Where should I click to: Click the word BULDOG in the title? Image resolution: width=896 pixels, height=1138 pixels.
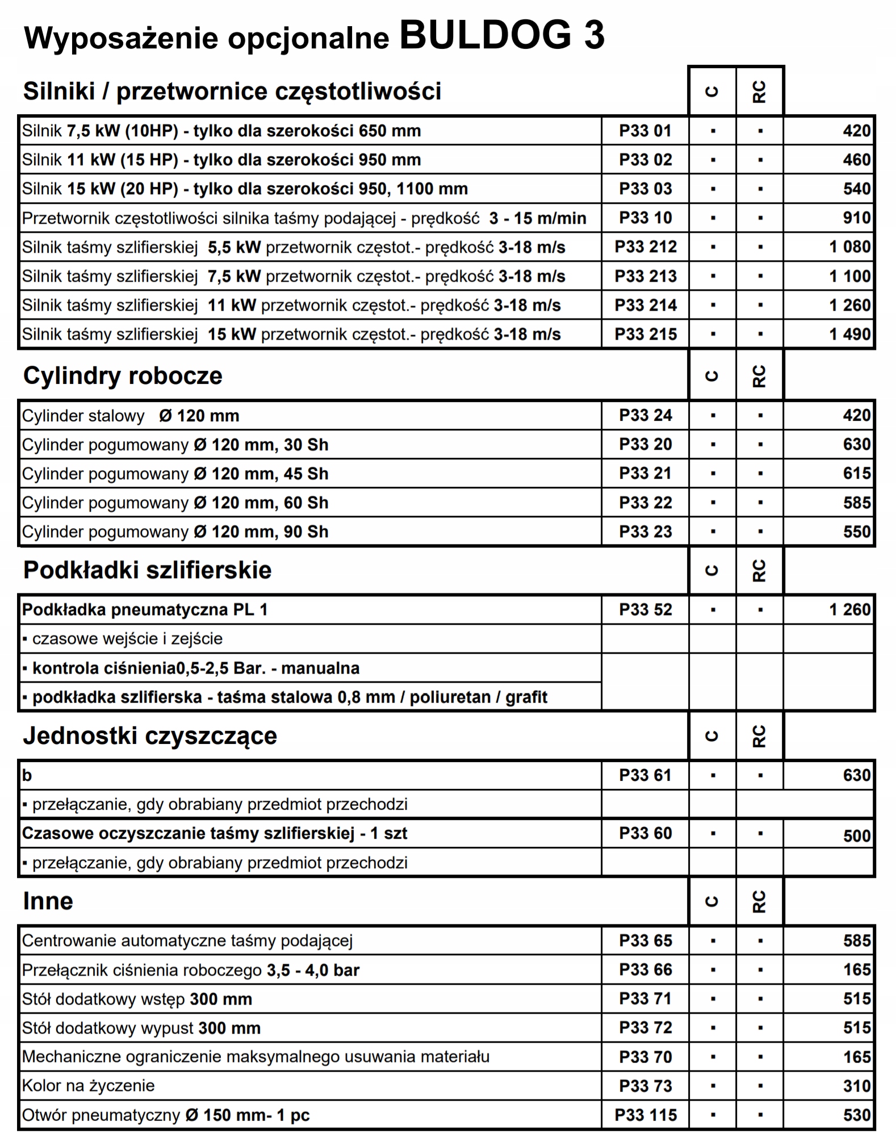click(x=485, y=35)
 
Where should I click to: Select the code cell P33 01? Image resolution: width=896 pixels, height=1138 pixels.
click(x=645, y=131)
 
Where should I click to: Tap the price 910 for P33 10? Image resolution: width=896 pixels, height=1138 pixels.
click(x=857, y=218)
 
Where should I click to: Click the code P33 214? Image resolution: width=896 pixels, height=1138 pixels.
click(x=646, y=306)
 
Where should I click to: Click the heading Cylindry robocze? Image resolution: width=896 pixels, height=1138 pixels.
click(x=123, y=376)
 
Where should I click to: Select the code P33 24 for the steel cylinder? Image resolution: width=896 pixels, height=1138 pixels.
click(x=645, y=416)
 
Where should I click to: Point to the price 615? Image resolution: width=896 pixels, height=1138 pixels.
click(x=857, y=474)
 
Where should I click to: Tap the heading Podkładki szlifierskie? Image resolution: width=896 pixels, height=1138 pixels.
click(x=147, y=570)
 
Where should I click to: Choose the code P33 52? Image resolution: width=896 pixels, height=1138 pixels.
click(x=645, y=610)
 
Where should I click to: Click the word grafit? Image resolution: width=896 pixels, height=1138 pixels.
click(x=526, y=697)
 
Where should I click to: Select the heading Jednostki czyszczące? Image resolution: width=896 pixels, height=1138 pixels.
click(x=150, y=736)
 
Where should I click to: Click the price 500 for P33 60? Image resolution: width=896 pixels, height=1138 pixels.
click(x=857, y=836)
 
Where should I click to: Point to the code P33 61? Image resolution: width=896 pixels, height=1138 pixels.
click(x=645, y=776)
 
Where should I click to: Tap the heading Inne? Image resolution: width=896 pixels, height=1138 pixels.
click(x=48, y=901)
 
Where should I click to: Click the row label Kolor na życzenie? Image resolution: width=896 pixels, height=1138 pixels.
click(x=88, y=1086)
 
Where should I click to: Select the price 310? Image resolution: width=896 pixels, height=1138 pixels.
click(x=857, y=1086)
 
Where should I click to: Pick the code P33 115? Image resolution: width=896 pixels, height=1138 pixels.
click(x=646, y=1115)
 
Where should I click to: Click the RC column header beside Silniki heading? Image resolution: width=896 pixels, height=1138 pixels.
click(x=759, y=91)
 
